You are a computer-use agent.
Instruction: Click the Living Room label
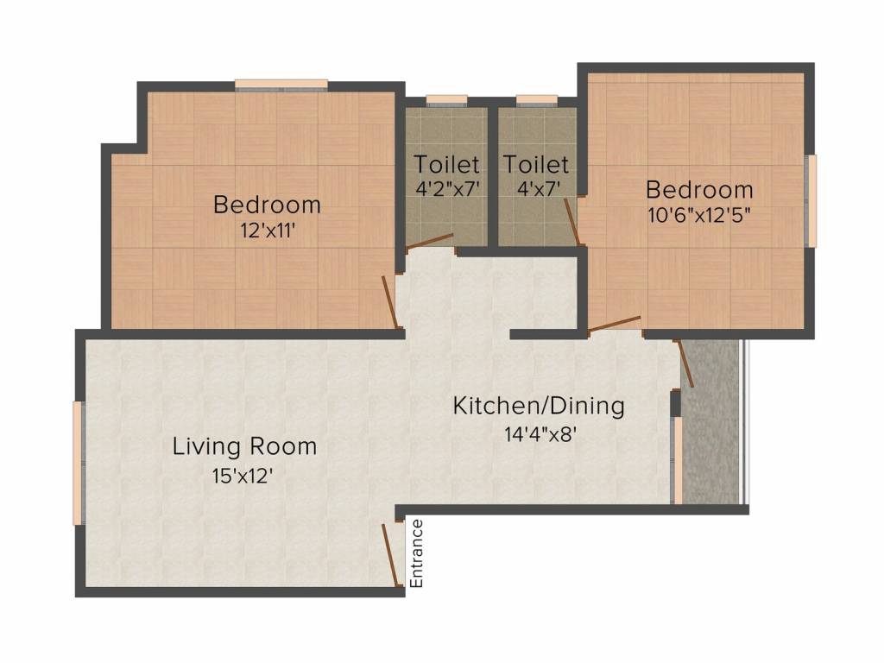tap(244, 446)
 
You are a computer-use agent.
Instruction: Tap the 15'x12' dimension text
tap(243, 477)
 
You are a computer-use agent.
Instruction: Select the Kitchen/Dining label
tap(539, 406)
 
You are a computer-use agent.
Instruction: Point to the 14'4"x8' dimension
tap(540, 434)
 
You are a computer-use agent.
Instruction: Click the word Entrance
tap(417, 553)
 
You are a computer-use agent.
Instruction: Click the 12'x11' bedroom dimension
tap(268, 230)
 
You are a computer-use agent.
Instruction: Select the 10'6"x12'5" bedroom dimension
tap(699, 215)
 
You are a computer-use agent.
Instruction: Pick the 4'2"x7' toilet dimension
tap(447, 189)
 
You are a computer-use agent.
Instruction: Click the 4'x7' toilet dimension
tap(539, 189)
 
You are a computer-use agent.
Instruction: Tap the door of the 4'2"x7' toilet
tap(430, 242)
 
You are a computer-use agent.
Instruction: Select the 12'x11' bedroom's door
tap(391, 301)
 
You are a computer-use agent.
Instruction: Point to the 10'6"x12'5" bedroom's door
tap(614, 325)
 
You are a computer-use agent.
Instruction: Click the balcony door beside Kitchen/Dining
tap(684, 363)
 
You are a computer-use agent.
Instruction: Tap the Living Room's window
tap(79, 463)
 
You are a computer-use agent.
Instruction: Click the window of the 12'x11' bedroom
tap(281, 85)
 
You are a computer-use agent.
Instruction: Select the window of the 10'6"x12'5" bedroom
tap(811, 200)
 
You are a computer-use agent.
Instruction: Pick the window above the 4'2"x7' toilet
tap(446, 101)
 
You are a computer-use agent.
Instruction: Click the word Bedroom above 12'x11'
tap(268, 204)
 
